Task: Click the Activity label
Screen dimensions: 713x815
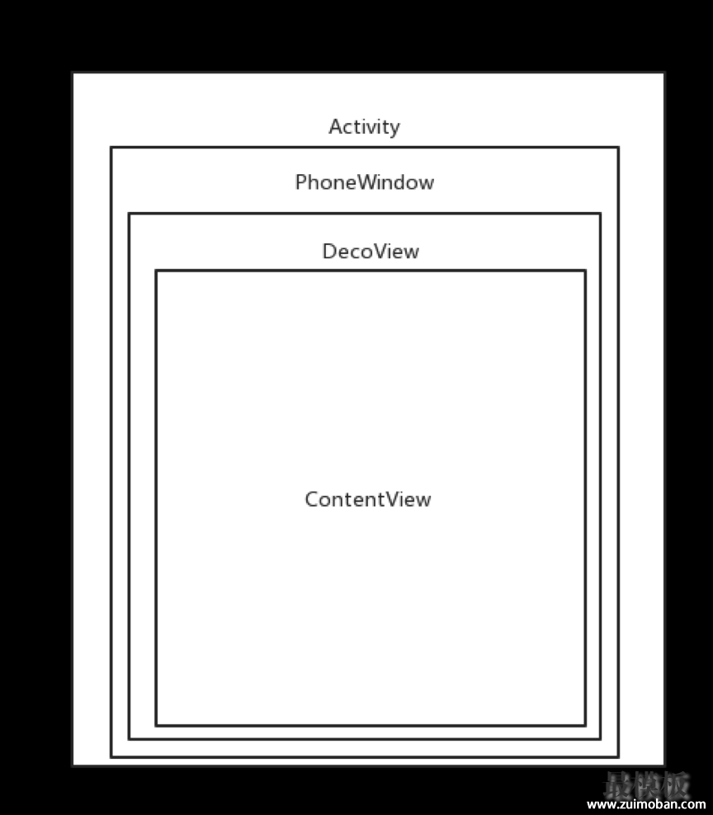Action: click(364, 127)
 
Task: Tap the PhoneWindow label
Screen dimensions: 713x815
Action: click(365, 182)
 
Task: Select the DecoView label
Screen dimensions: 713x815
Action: click(371, 252)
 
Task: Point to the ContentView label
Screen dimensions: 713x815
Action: click(368, 500)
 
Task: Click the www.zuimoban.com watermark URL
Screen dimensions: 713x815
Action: click(646, 804)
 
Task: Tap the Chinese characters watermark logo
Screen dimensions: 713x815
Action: click(646, 784)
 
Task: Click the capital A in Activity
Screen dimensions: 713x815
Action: click(335, 127)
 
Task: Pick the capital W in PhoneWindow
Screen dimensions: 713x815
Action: click(369, 182)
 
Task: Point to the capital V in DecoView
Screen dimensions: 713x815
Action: click(382, 252)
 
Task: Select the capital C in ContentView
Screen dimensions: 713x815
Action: click(311, 500)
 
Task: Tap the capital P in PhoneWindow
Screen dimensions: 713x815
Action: click(301, 182)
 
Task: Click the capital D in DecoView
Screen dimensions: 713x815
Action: click(330, 252)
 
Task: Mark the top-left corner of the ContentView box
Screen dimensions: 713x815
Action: click(156, 271)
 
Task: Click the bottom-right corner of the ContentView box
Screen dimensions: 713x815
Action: click(586, 725)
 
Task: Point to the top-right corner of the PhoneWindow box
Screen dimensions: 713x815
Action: click(618, 148)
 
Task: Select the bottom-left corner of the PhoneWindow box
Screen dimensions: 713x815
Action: click(111, 757)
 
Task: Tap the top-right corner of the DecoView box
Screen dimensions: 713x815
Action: click(601, 213)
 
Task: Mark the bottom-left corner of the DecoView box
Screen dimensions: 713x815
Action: click(129, 738)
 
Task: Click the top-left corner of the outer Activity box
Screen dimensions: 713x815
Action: click(73, 73)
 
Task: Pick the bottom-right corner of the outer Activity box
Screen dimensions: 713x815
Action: click(664, 766)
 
